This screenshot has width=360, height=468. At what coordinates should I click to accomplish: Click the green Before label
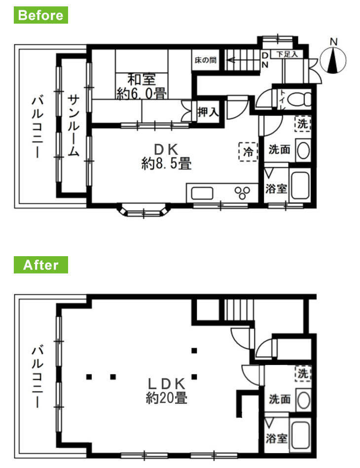[x=41, y=15]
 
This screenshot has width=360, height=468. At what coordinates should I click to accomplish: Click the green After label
[x=41, y=265]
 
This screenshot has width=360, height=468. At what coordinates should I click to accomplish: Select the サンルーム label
[x=73, y=125]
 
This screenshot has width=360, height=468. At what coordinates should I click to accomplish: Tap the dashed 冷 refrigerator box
[x=249, y=151]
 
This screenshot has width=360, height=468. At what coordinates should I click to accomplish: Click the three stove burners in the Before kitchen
[x=243, y=192]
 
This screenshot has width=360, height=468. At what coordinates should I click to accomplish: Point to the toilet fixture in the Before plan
[x=298, y=99]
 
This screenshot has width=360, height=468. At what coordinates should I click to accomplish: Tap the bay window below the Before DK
[x=143, y=212]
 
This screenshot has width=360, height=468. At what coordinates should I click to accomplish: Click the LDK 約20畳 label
[x=166, y=390]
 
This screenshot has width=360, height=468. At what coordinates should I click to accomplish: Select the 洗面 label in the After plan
[x=279, y=399]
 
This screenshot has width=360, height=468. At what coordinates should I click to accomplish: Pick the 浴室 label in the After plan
[x=276, y=437]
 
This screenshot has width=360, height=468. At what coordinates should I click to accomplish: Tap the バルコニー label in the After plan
[x=36, y=376]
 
